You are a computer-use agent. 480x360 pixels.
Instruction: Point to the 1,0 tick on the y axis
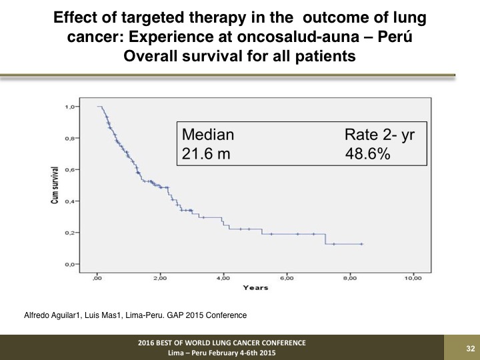pos(77,107)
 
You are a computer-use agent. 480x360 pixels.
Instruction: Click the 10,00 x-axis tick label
pos(413,278)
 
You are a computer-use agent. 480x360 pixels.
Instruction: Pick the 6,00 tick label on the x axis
pos(287,278)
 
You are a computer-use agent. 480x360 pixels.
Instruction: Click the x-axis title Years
pos(255,288)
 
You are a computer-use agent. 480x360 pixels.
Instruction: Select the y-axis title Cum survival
pos(55,185)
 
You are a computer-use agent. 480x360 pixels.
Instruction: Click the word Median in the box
pos(208,135)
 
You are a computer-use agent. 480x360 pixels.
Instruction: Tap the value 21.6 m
pos(206,153)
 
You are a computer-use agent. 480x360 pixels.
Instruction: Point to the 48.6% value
pos(367,153)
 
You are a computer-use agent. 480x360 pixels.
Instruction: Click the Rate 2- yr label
pos(379,135)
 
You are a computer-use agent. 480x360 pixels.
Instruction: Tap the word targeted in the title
pos(153,18)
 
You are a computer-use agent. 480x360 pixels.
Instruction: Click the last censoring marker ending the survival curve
pos(362,244)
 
